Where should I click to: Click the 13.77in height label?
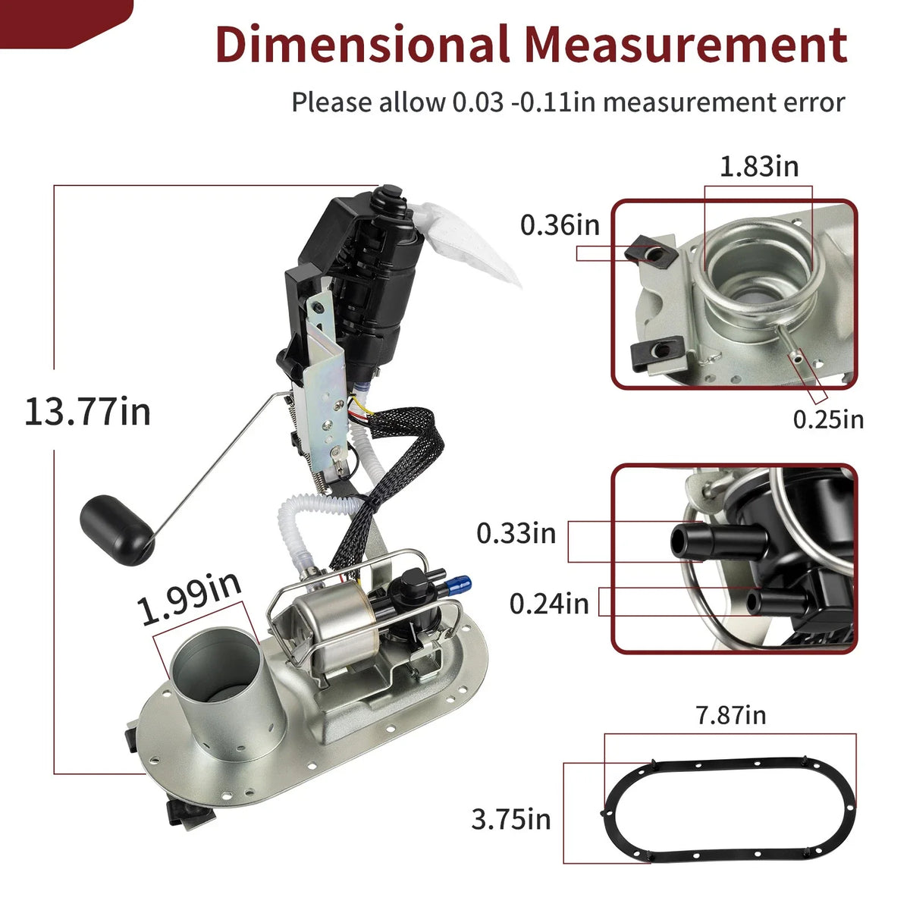(87, 412)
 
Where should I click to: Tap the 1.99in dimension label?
(190, 599)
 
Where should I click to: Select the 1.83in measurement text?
(759, 167)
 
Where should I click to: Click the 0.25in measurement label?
(828, 419)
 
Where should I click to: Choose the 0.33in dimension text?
(516, 533)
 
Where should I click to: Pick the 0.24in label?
(549, 604)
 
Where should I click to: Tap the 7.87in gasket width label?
(731, 715)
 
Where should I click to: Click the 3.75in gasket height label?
(511, 819)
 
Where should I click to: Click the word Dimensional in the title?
(362, 45)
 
